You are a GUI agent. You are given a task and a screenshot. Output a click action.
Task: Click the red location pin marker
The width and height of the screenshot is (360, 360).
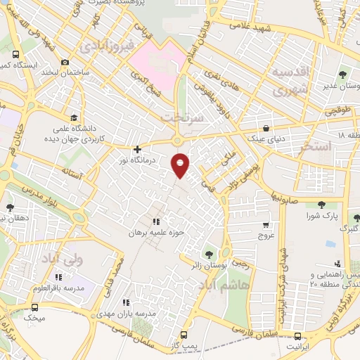tap(181, 165)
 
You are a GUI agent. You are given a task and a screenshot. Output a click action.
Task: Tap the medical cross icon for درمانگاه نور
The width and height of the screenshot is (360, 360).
tap(137, 149)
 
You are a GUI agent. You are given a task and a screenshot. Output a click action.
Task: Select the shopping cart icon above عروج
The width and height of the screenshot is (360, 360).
tap(266, 225)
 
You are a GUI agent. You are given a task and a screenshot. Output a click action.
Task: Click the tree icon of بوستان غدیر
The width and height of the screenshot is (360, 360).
tap(342, 73)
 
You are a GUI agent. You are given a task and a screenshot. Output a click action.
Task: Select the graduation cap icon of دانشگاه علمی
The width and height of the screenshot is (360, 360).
tap(73, 117)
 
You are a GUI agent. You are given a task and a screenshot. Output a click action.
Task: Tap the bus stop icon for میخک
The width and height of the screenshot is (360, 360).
tap(35, 307)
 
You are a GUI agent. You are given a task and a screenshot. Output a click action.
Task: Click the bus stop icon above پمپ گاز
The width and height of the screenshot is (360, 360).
tap(184, 335)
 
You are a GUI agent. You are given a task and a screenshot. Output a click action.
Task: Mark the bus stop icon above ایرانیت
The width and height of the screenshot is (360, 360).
tap(297, 336)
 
